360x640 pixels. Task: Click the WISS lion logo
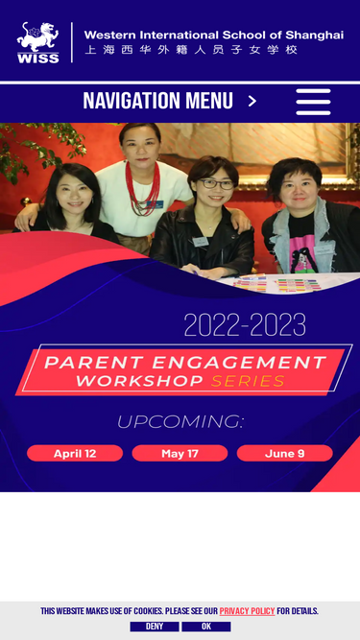(x=38, y=42)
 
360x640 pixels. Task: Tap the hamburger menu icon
(x=313, y=102)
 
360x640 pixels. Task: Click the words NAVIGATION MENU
(x=158, y=101)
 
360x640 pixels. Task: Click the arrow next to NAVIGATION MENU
(x=252, y=101)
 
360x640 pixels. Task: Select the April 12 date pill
(x=75, y=454)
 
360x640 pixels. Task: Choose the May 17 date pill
(x=180, y=454)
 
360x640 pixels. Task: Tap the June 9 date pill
(x=284, y=454)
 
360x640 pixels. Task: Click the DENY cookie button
(x=155, y=627)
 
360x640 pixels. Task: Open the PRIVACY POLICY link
(x=247, y=611)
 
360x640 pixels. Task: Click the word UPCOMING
(x=180, y=422)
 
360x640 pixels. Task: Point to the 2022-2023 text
(x=245, y=325)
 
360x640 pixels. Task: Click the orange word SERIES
(x=248, y=381)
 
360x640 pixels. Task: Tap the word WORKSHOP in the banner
(x=139, y=381)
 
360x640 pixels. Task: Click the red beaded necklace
(x=142, y=188)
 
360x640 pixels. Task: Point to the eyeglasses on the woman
(x=216, y=184)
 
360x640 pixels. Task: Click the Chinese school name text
(x=191, y=50)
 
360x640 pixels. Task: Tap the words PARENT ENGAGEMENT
(x=185, y=363)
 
